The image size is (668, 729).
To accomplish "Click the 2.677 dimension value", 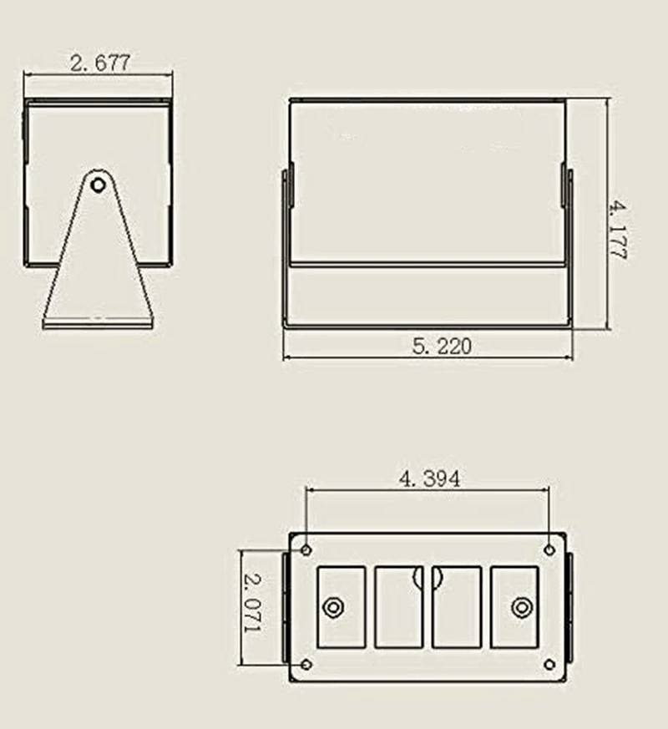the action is [x=100, y=63].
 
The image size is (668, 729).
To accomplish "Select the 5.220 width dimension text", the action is [x=442, y=346].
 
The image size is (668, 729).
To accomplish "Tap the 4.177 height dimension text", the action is [x=618, y=230].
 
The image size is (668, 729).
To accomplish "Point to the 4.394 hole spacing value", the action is [x=429, y=478].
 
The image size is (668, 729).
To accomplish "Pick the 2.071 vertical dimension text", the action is [x=253, y=603].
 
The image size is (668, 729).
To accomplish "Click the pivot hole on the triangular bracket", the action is [x=98, y=185].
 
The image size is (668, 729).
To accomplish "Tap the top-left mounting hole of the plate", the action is [x=306, y=550].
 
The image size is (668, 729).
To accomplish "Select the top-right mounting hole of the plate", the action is [x=549, y=550].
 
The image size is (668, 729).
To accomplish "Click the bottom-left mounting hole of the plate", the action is [x=306, y=665].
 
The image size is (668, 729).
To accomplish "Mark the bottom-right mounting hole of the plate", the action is [x=549, y=665].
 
